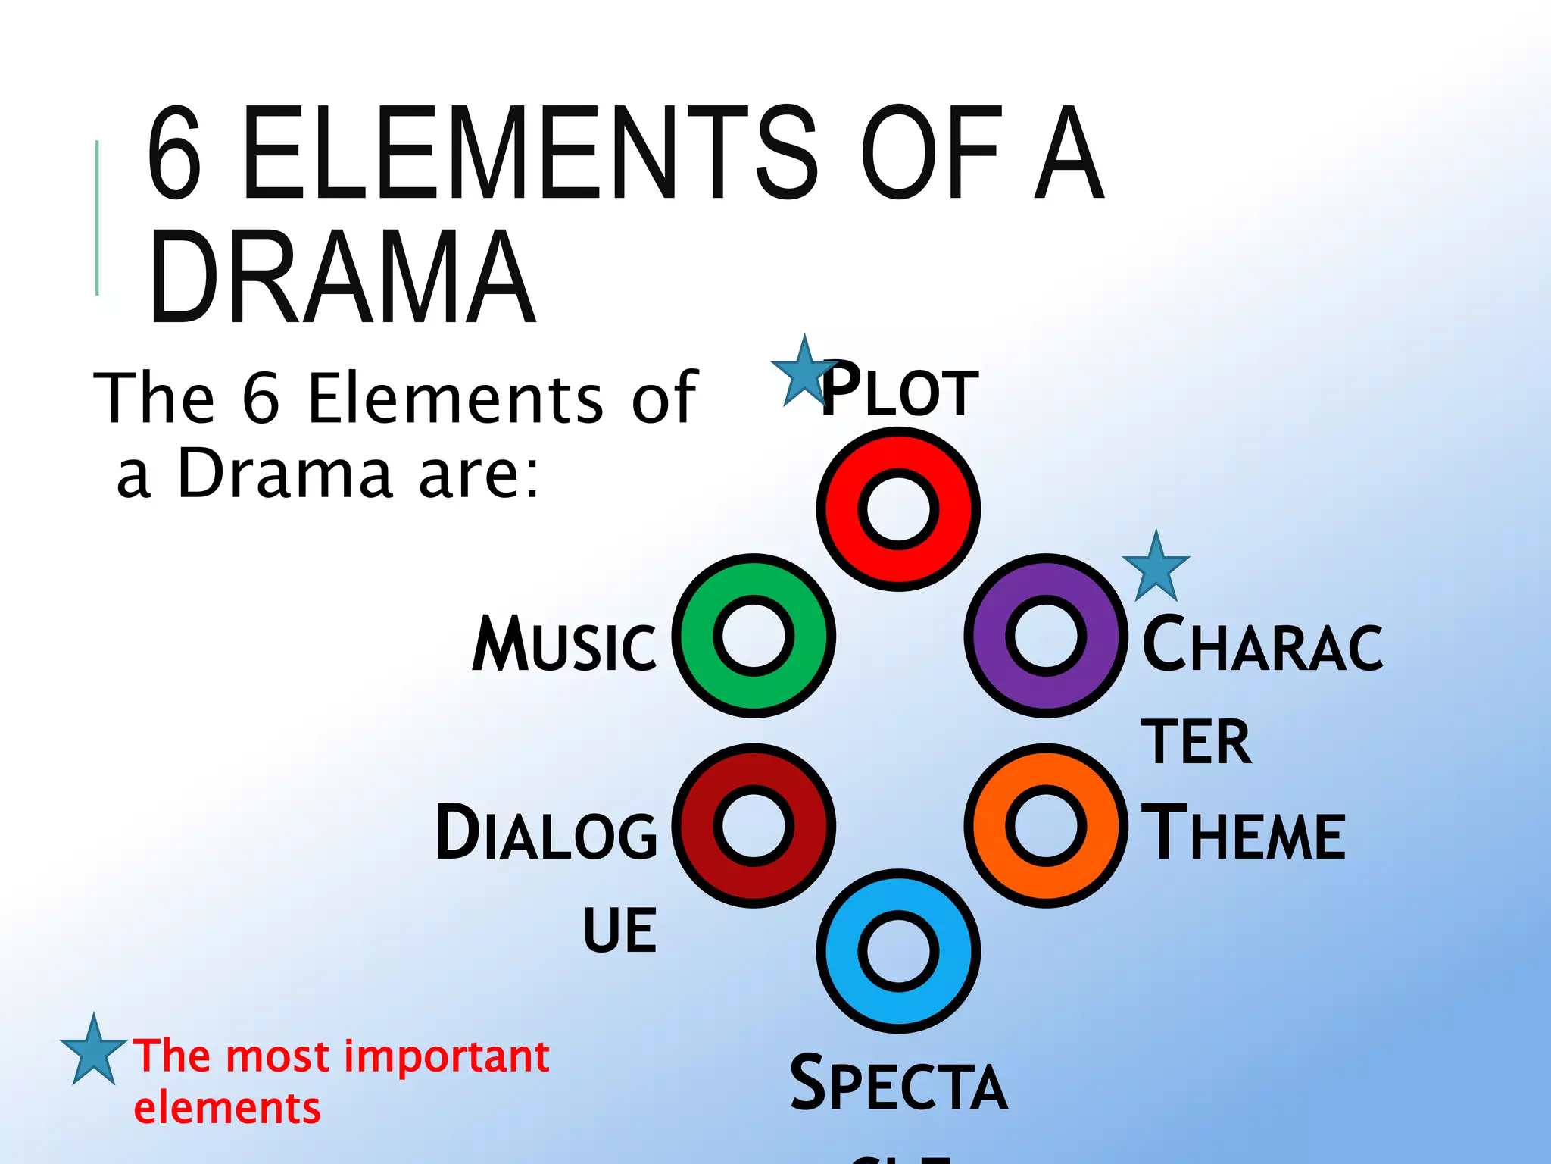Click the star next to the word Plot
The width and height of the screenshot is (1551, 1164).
point(803,373)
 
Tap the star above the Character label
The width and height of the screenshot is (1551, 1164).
point(1156,567)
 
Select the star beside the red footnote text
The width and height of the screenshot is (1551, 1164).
point(93,1050)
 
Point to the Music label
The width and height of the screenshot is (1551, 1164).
point(564,645)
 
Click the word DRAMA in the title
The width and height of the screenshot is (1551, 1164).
point(342,277)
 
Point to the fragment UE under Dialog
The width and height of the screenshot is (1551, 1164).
point(619,931)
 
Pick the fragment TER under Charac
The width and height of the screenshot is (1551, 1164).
point(1196,743)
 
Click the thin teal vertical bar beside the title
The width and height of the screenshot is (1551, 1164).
point(97,217)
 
